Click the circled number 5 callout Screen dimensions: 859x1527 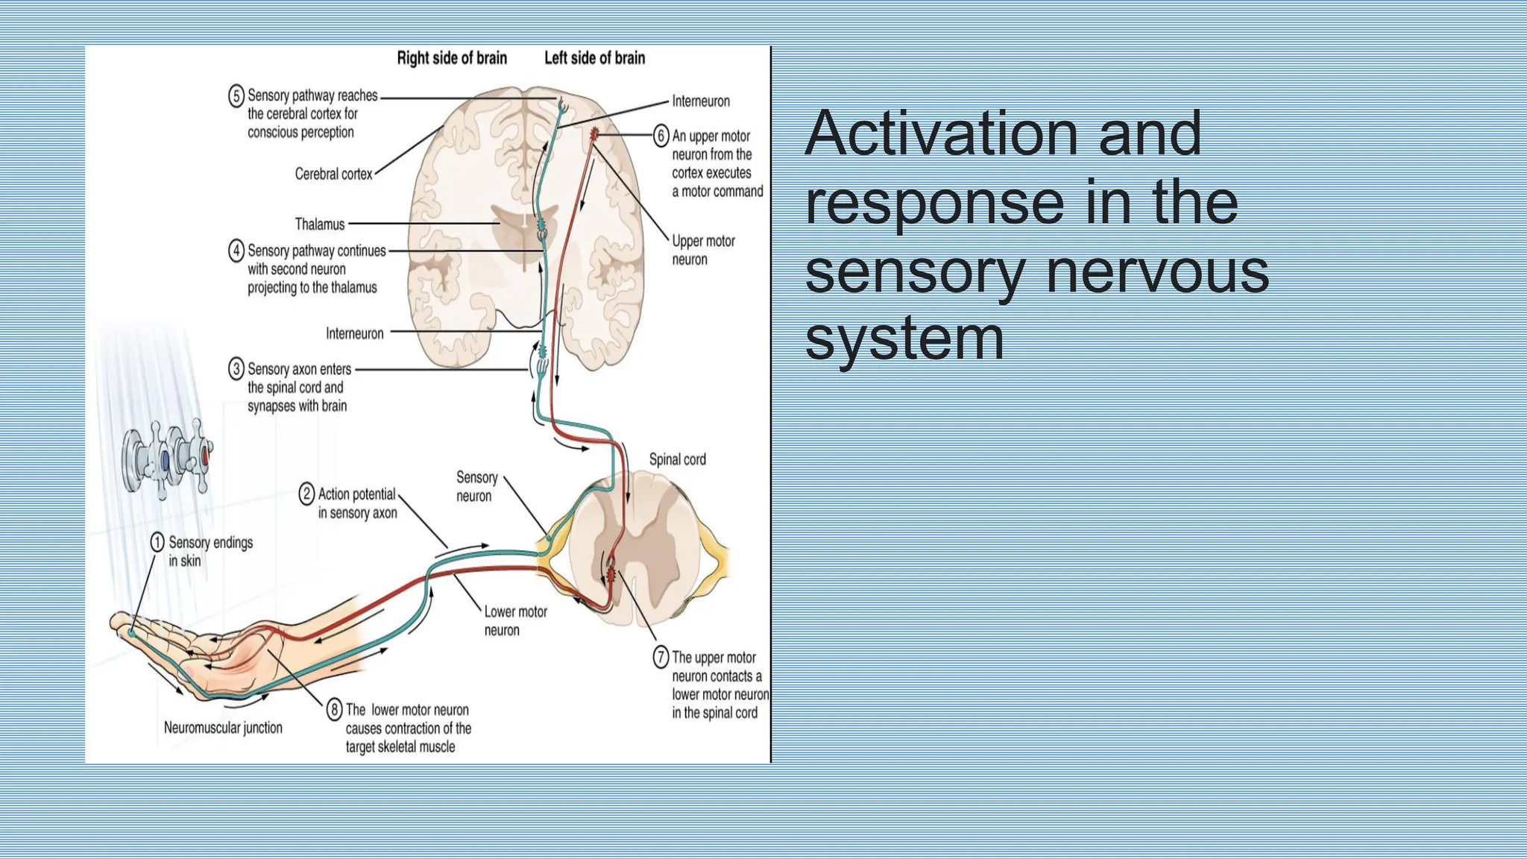pos(236,96)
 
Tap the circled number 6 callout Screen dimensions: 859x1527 pos(661,136)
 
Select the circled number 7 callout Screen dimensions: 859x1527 pos(661,657)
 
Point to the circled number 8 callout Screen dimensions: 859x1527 pos(335,710)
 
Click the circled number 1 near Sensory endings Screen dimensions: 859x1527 pos(157,542)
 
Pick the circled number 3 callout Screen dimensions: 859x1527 pos(236,369)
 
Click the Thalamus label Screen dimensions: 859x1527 pos(320,224)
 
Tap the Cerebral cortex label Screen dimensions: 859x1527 pos(333,174)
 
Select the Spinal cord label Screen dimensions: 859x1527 pos(677,459)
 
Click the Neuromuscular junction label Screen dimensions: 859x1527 pos(223,728)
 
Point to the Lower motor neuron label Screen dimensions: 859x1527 pos(515,620)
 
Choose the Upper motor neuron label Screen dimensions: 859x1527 pos(702,250)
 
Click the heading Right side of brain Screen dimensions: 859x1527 pos(451,58)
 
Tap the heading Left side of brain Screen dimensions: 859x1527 pos(594,58)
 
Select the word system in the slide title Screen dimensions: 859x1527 pos(904,339)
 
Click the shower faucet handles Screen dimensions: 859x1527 pos(168,459)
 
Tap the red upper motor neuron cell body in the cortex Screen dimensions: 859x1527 pos(594,134)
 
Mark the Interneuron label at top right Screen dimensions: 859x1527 pos(700,101)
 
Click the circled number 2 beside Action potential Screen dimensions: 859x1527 pos(306,494)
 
